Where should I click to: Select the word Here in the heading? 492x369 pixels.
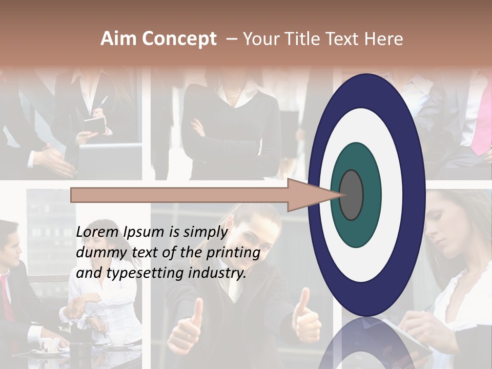(x=383, y=39)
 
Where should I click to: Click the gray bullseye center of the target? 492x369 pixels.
(x=351, y=195)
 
